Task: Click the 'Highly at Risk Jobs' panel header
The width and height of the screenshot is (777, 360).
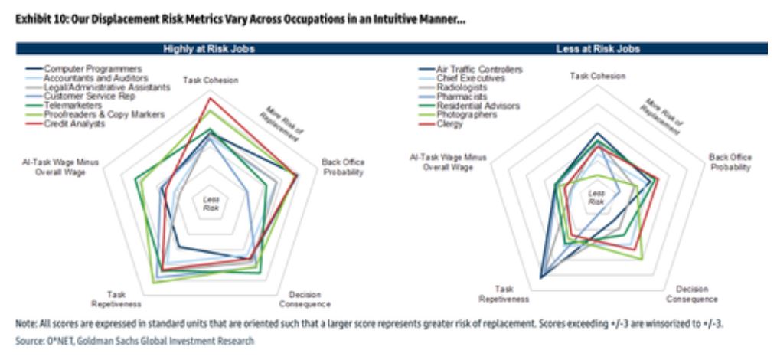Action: pyautogui.click(x=209, y=49)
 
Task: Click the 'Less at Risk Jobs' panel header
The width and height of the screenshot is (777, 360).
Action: pyautogui.click(x=595, y=49)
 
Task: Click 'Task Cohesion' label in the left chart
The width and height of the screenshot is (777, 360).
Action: pyautogui.click(x=209, y=80)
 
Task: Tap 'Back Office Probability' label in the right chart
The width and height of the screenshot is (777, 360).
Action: pyautogui.click(x=729, y=162)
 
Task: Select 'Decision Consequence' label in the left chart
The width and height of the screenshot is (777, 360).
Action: pyautogui.click(x=311, y=299)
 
